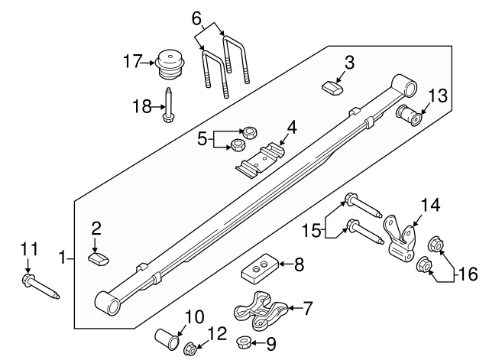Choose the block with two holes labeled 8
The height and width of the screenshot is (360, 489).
point(259,269)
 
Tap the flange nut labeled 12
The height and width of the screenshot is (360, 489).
point(190,350)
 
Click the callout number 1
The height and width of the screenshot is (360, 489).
point(63,258)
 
